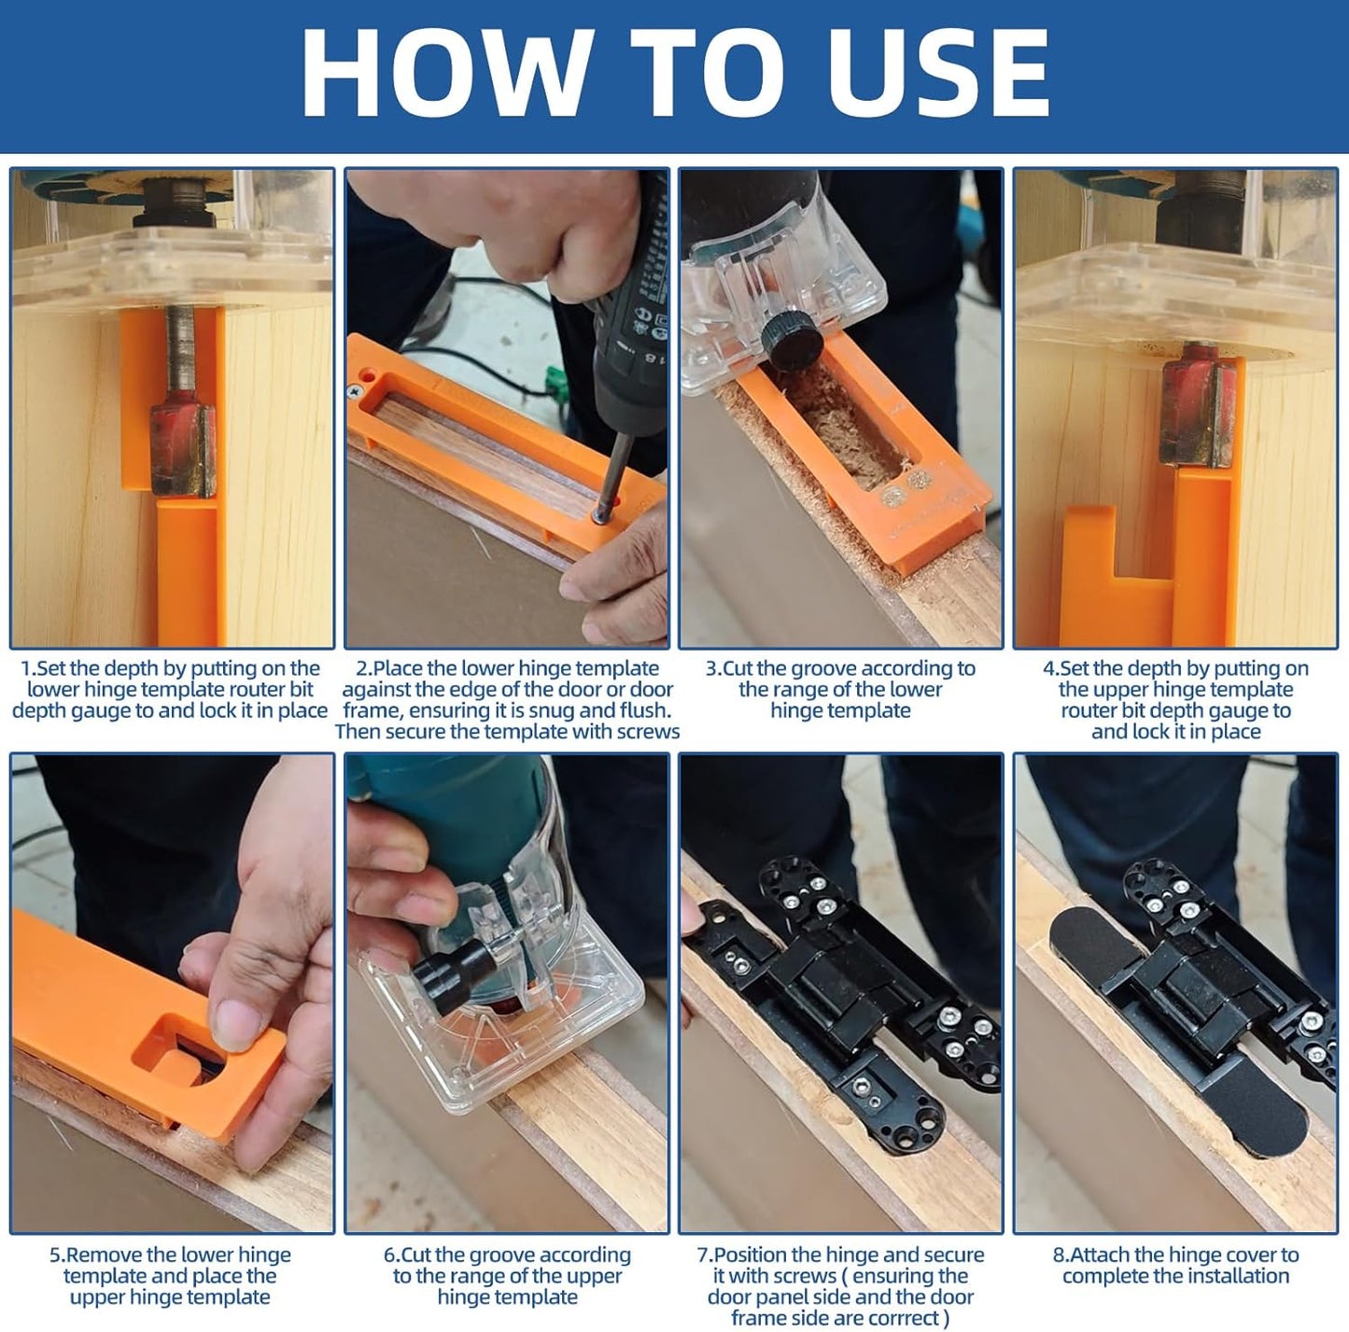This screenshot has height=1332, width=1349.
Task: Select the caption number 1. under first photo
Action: click(28, 668)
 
